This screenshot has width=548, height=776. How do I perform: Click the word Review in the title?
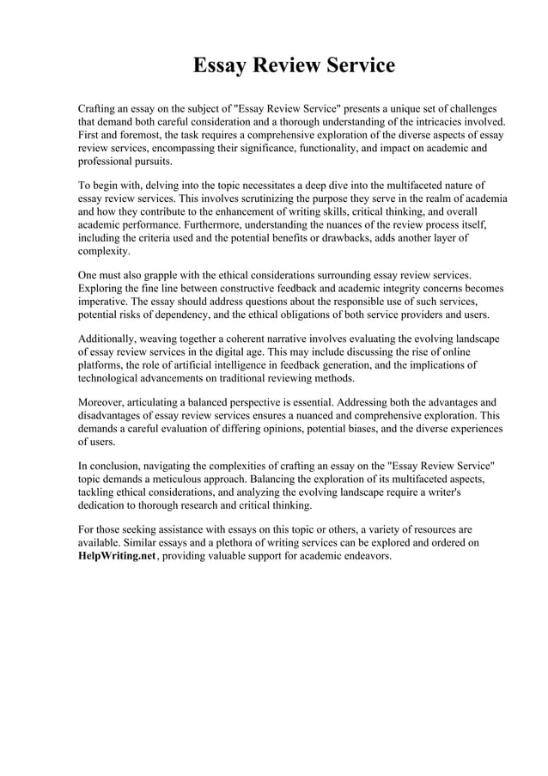point(293,65)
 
